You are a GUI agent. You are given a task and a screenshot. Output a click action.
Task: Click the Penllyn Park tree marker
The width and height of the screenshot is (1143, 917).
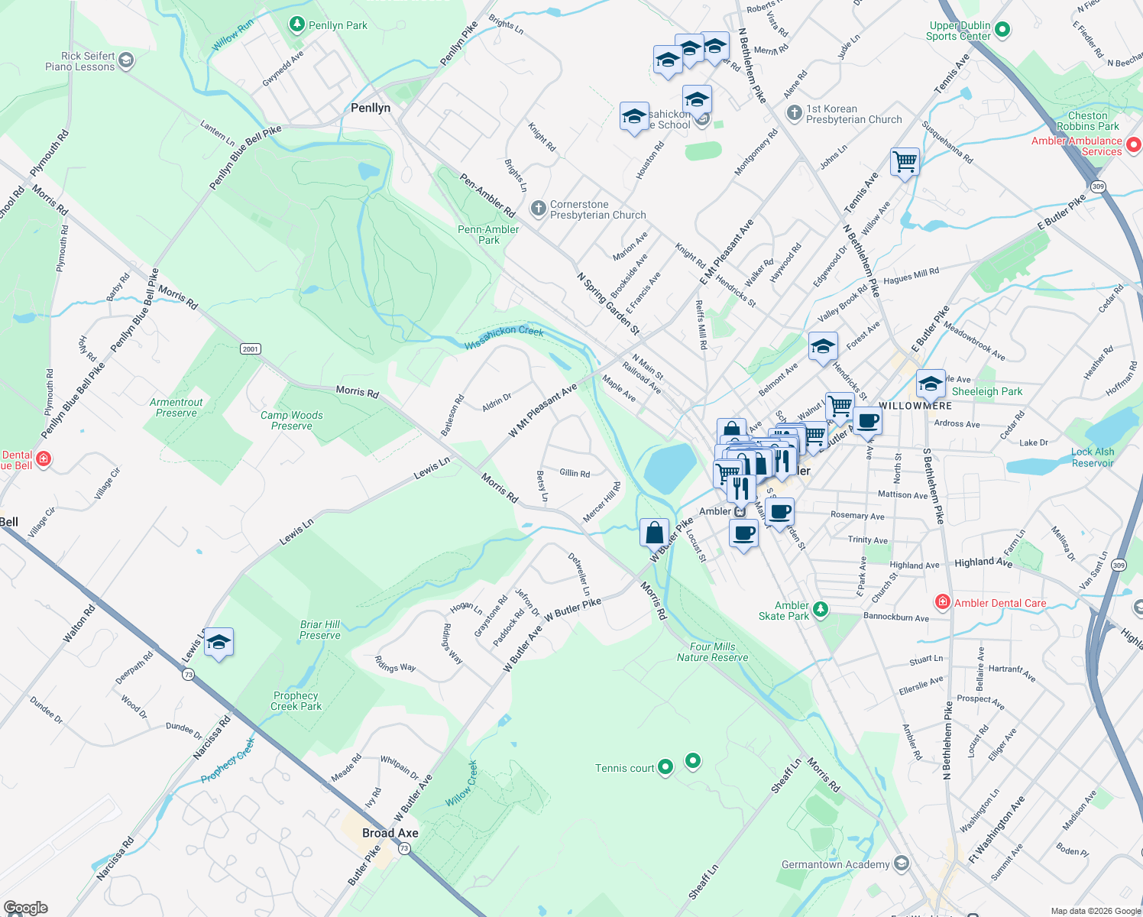pyautogui.click(x=297, y=24)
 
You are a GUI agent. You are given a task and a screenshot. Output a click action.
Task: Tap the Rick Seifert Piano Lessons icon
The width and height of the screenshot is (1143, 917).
pyautogui.click(x=126, y=60)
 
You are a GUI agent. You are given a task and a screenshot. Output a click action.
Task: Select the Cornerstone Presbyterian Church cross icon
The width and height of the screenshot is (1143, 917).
pyautogui.click(x=539, y=209)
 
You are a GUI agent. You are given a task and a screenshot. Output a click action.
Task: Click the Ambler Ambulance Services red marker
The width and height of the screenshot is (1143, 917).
pyautogui.click(x=1134, y=144)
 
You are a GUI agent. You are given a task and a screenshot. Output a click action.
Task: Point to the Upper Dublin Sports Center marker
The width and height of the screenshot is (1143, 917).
pyautogui.click(x=1002, y=30)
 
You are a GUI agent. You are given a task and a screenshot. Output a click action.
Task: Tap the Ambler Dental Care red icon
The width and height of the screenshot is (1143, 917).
pyautogui.click(x=943, y=602)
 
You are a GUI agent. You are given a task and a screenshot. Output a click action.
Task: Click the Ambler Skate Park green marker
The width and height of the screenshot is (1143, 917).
pyautogui.click(x=820, y=609)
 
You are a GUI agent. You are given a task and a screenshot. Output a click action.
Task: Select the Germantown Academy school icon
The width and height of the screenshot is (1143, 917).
pyautogui.click(x=902, y=864)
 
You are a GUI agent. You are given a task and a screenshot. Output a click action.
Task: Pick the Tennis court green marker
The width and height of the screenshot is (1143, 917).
pyautogui.click(x=665, y=766)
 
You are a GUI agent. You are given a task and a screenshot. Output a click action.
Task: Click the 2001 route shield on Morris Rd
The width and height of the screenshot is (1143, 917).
pyautogui.click(x=251, y=349)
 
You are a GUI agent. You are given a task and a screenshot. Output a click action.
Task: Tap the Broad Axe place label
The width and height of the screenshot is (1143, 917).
pyautogui.click(x=390, y=833)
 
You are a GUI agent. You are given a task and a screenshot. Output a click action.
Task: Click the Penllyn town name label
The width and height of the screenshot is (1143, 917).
pyautogui.click(x=371, y=108)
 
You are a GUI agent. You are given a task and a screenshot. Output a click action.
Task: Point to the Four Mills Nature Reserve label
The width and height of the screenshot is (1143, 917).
pyautogui.click(x=712, y=652)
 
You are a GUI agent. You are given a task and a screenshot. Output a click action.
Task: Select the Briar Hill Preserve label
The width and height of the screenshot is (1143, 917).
pyautogui.click(x=320, y=630)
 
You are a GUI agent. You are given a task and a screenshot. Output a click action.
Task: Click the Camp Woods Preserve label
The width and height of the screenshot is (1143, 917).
pyautogui.click(x=292, y=420)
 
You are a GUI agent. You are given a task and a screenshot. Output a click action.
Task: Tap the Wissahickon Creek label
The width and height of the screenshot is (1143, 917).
pyautogui.click(x=504, y=337)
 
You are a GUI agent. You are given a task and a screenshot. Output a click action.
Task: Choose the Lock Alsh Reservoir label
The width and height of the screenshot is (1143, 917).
pyautogui.click(x=1093, y=457)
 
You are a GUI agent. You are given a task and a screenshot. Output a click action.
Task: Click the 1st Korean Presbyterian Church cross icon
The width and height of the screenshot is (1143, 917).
pyautogui.click(x=795, y=113)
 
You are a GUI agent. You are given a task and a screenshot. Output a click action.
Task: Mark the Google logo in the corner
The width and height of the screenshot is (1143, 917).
pyautogui.click(x=25, y=908)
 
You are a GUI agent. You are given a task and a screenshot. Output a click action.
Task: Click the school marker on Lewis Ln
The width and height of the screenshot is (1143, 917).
pyautogui.click(x=219, y=642)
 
